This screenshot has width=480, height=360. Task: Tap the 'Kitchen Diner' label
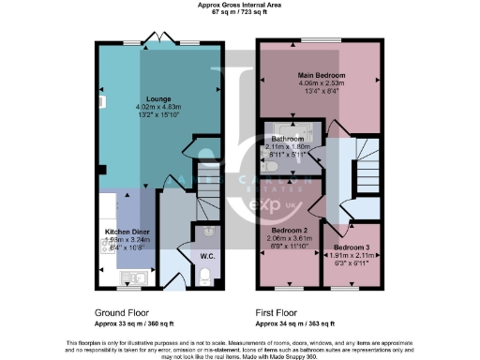(x=122, y=230)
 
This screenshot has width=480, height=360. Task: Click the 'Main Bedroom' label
(x=322, y=75)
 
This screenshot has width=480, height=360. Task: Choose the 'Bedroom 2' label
(x=290, y=230)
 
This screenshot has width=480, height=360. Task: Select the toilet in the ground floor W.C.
(x=207, y=275)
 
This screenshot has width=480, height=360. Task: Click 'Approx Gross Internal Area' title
(x=239, y=5)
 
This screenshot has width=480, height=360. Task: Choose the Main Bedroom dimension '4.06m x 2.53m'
(x=322, y=83)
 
